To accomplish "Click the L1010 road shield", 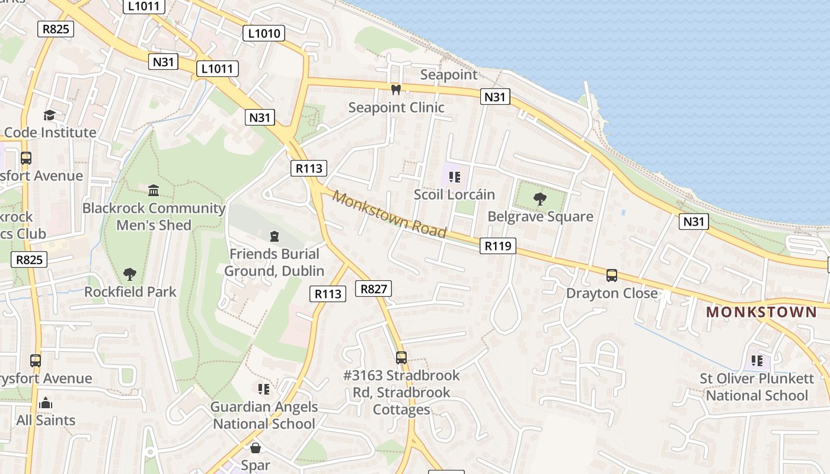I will coord(264,33).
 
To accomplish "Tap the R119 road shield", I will coord(497,245).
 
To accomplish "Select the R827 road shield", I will coord(373,289).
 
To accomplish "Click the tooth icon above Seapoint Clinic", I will coord(396,90).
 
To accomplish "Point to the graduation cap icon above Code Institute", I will coord(49,115).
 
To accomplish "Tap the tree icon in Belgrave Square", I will coord(539,199).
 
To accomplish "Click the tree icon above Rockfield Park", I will coord(130,274).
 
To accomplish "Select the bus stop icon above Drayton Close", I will coord(611,276).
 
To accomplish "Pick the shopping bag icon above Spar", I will coord(256,448).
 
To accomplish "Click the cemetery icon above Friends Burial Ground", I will coord(274,237).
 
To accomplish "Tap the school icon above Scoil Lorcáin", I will coord(455,177).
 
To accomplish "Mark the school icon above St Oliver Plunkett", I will coord(756,361).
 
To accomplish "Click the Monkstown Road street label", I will coord(389,214).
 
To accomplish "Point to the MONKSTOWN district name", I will coord(761,312).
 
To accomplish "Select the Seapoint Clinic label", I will coord(396,107).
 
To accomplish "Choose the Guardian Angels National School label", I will coord(264,415).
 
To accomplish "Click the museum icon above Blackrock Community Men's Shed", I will coord(154,190).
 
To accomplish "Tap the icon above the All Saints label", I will coord(46,403).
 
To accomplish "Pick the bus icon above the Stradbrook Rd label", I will coord(401,357).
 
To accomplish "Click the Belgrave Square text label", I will coord(540,216).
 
